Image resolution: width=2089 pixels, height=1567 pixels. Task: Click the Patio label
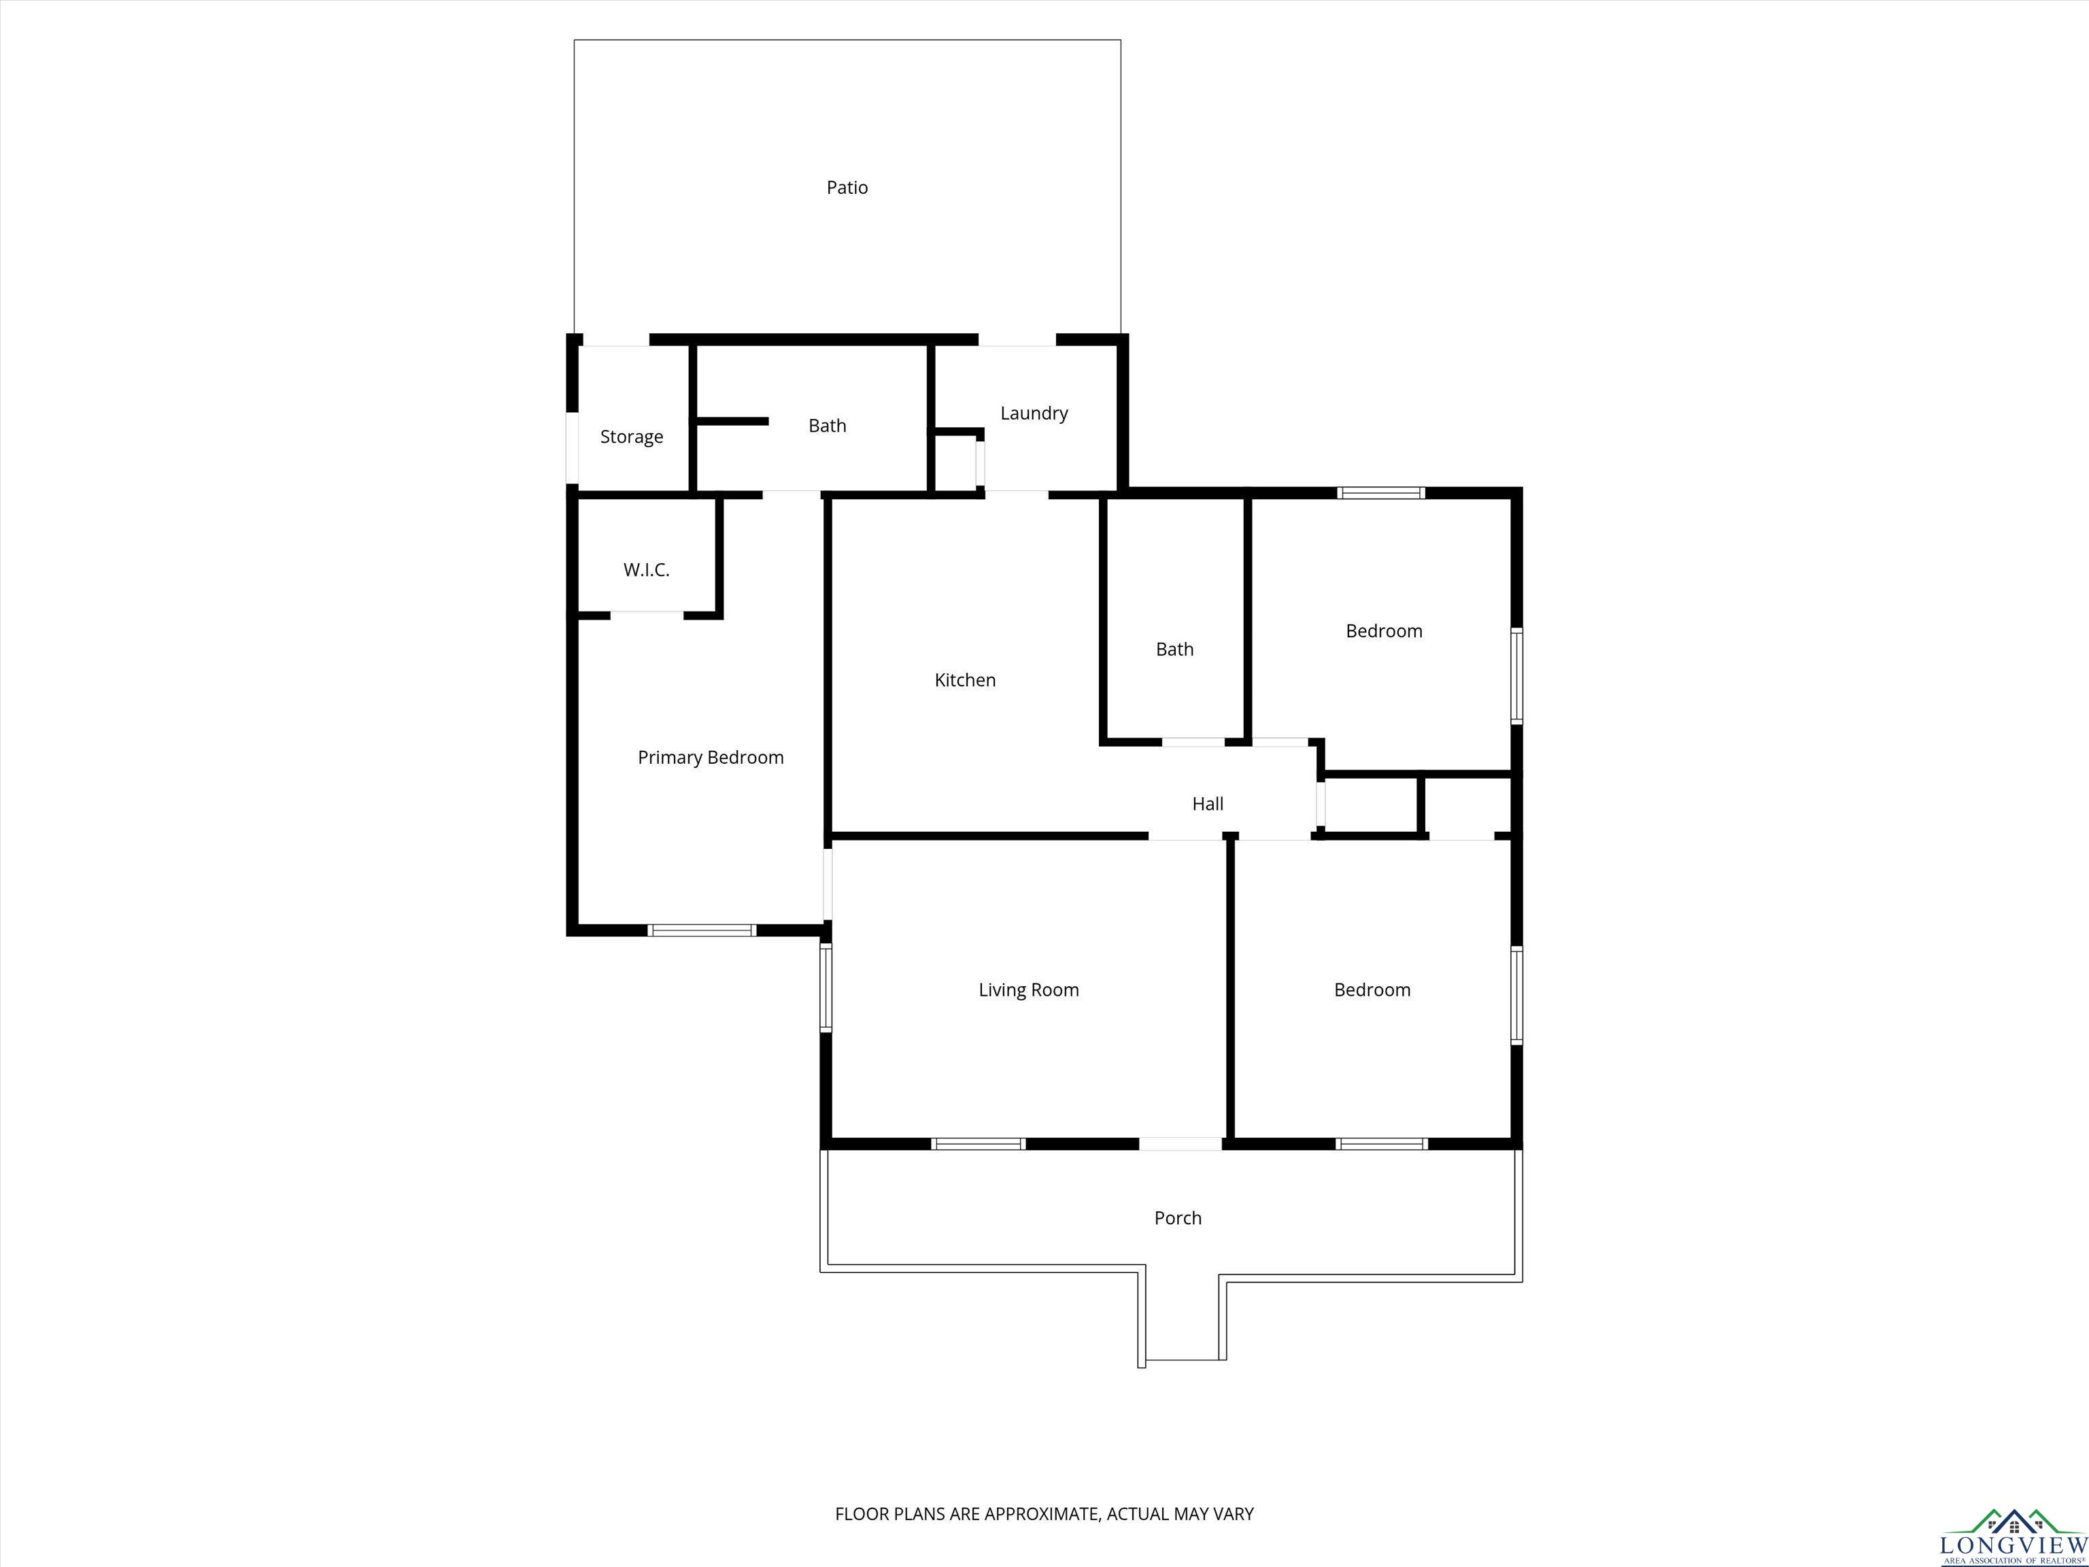847,188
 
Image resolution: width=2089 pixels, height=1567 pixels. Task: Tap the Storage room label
632,437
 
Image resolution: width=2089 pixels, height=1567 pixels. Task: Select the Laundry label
1034,414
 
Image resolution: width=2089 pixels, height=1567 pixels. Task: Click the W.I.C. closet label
646,569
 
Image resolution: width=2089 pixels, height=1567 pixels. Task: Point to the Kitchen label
965,680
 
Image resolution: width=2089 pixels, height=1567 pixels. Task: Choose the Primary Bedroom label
710,758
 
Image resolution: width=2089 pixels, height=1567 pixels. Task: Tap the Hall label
1208,804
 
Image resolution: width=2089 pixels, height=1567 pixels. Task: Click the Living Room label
1028,990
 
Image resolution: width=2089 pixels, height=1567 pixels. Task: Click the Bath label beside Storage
828,426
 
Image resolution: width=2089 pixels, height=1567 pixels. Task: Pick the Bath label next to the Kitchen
1175,649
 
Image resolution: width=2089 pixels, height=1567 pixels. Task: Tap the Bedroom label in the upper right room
1384,631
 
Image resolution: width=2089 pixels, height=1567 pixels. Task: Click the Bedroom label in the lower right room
1372,990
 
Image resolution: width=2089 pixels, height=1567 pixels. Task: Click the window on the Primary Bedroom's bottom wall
702,930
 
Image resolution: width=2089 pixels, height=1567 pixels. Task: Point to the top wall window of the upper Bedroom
1380,492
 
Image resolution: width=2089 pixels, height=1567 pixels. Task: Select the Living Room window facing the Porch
979,1144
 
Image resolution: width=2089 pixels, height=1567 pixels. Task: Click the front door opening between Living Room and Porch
1181,1144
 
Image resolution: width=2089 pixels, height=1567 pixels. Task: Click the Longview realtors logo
2013,1535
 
